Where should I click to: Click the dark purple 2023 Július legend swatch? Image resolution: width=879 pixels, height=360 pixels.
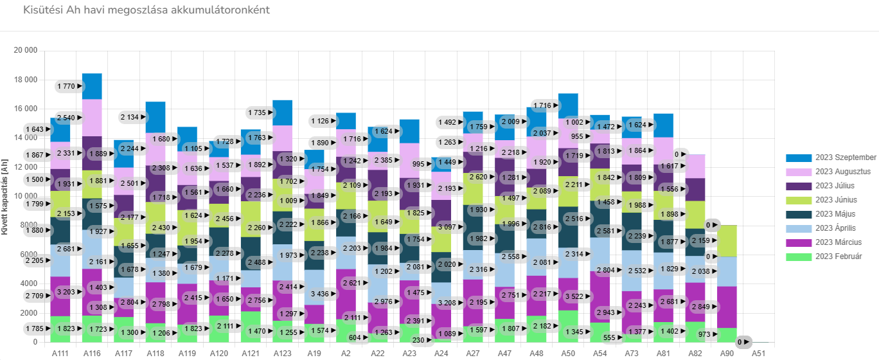pos(797,186)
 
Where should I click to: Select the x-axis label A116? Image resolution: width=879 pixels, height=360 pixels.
pos(92,354)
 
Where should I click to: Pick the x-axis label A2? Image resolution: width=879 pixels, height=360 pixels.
pos(346,354)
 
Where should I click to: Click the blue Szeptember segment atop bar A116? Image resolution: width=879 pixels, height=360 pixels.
pos(92,86)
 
